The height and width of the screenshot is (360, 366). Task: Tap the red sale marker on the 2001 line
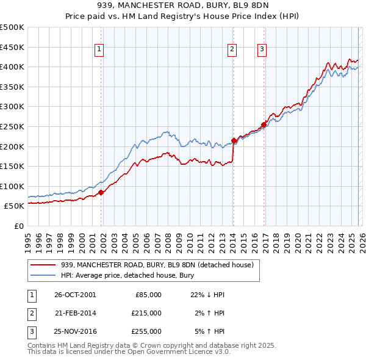pyautogui.click(x=101, y=192)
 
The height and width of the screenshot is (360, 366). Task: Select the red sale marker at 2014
pyautogui.click(x=234, y=140)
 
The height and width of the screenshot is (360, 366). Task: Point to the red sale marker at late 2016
pyautogui.click(x=264, y=124)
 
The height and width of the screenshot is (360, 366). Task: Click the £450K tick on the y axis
pyautogui.click(x=12, y=47)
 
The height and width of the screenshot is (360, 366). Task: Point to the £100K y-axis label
pyautogui.click(x=12, y=186)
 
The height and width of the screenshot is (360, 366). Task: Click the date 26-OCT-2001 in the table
pyautogui.click(x=75, y=295)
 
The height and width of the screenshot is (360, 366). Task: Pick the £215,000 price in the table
pyautogui.click(x=146, y=313)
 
